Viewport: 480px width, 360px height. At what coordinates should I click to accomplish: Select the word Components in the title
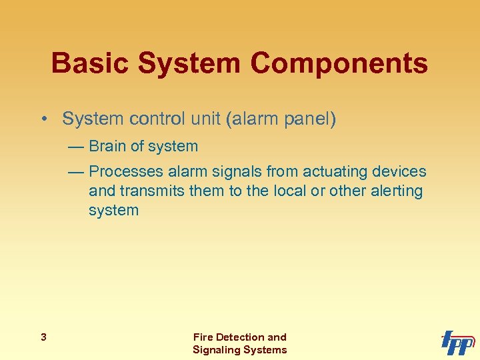(339, 63)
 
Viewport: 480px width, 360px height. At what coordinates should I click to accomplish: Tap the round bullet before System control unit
(43, 119)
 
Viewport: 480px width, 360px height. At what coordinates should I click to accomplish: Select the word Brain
(109, 146)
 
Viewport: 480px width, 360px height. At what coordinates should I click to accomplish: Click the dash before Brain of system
(75, 147)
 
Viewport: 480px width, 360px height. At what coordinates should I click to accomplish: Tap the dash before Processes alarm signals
(75, 172)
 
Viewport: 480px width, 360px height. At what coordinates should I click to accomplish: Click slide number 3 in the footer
(43, 337)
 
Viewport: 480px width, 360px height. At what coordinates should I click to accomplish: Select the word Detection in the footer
(240, 337)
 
